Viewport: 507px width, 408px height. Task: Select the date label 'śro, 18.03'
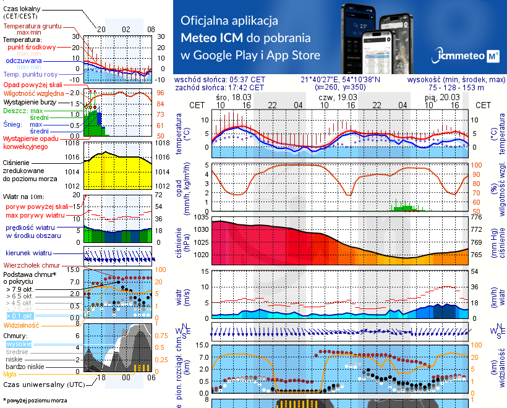[x=234, y=98]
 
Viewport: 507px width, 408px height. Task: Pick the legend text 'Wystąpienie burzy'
[x=30, y=101]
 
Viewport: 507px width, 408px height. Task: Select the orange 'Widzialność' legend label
[x=22, y=325]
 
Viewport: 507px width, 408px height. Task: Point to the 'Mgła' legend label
[x=10, y=374]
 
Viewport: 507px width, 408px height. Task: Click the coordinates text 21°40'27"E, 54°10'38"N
[x=340, y=80]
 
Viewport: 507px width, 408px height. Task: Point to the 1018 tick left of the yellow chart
[x=73, y=143]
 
